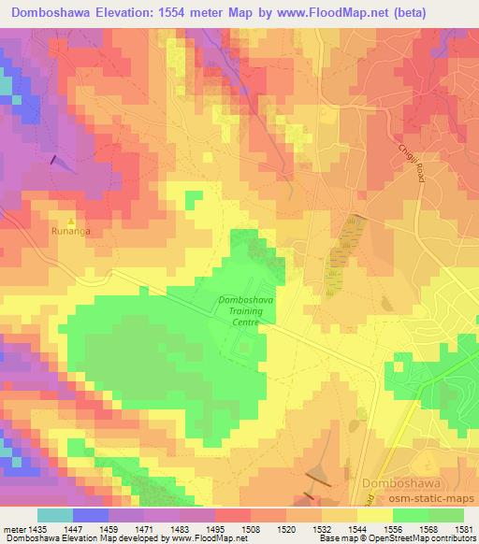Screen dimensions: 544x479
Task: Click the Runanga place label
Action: pyautogui.click(x=70, y=227)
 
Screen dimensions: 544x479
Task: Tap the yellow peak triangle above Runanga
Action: pyautogui.click(x=70, y=218)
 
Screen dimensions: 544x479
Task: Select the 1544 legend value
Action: pyautogui.click(x=356, y=529)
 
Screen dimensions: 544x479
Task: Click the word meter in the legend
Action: pyautogui.click(x=13, y=529)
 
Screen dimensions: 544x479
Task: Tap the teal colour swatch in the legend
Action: pyautogui.click(x=54, y=515)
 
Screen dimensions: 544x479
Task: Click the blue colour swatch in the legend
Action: pyautogui.click(x=90, y=515)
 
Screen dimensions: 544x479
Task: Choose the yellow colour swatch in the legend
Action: pyautogui.click(x=373, y=515)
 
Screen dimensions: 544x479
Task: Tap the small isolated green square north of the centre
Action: pyautogui.click(x=194, y=198)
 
